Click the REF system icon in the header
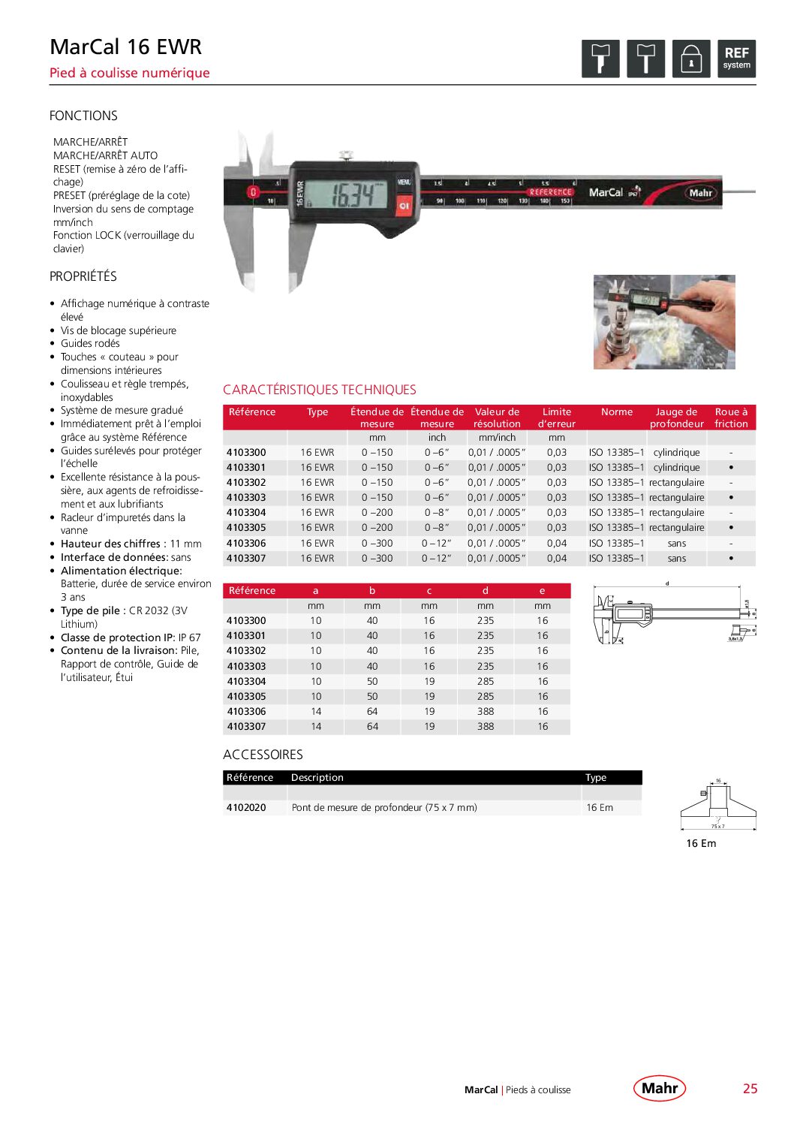[736, 59]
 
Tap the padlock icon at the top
[690, 59]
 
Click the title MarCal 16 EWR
[125, 47]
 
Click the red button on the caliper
[405, 204]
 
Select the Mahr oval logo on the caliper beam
[700, 193]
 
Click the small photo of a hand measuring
[663, 321]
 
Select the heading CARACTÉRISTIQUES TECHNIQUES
[319, 390]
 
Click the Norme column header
[616, 412]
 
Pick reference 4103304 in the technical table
[246, 513]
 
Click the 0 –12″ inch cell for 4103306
[437, 543]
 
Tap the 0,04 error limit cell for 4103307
[557, 559]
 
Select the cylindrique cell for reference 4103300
[676, 453]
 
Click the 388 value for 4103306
[486, 712]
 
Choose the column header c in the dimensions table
[429, 591]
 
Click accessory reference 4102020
[246, 808]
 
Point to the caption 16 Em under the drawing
[701, 843]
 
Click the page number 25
[750, 1089]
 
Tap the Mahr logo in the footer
[660, 1088]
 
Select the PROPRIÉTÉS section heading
[83, 276]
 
